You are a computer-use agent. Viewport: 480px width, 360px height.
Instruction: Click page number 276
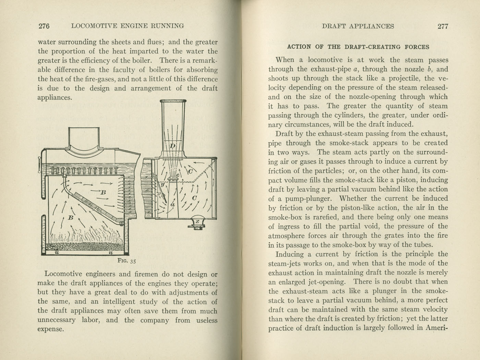44,26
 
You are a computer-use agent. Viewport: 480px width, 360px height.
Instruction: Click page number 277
443,26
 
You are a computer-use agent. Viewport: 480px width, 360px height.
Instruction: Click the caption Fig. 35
127,261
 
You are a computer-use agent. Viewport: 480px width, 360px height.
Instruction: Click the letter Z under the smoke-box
197,222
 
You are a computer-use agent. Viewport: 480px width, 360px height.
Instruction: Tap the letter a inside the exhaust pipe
172,205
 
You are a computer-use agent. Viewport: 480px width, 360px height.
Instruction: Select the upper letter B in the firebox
103,193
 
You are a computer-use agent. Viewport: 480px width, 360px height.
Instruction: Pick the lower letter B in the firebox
71,217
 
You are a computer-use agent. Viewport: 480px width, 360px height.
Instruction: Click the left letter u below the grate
57,253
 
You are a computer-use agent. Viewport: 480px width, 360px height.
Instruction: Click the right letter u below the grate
111,253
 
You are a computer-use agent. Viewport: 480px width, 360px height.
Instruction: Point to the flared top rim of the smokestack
173,101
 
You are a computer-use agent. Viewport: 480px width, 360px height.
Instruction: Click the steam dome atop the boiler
84,137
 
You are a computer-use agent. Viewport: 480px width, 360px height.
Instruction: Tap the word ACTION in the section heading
299,47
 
